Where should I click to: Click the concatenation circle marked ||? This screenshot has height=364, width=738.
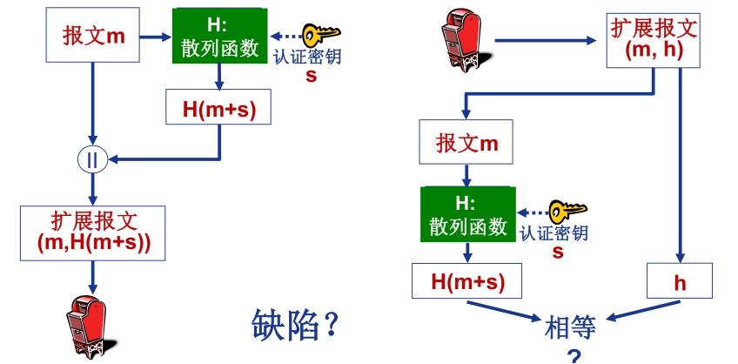(91, 159)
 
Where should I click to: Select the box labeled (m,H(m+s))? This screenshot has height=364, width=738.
(94, 232)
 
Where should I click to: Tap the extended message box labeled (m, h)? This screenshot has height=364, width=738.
(650, 39)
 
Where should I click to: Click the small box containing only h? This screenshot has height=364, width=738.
(680, 281)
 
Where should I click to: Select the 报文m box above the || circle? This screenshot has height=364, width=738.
(92, 37)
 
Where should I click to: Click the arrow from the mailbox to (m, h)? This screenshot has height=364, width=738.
(548, 40)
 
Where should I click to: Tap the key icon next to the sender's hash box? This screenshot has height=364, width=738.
(320, 36)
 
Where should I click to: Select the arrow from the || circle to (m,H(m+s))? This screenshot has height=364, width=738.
(91, 186)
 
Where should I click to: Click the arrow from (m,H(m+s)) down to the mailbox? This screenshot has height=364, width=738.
(91, 277)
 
